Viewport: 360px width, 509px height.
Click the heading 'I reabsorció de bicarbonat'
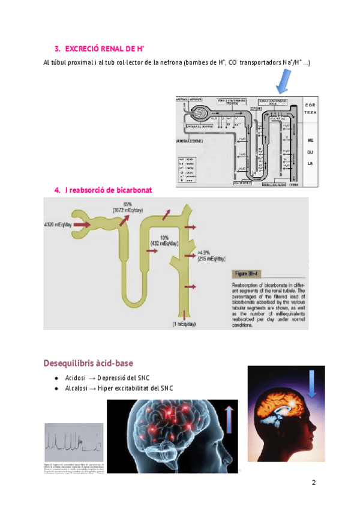coord(107,190)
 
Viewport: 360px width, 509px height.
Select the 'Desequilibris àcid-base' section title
coord(88,363)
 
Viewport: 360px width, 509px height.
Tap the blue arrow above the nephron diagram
coord(281,80)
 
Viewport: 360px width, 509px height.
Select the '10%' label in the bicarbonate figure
coord(163,238)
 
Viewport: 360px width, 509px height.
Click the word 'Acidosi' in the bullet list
coord(76,378)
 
